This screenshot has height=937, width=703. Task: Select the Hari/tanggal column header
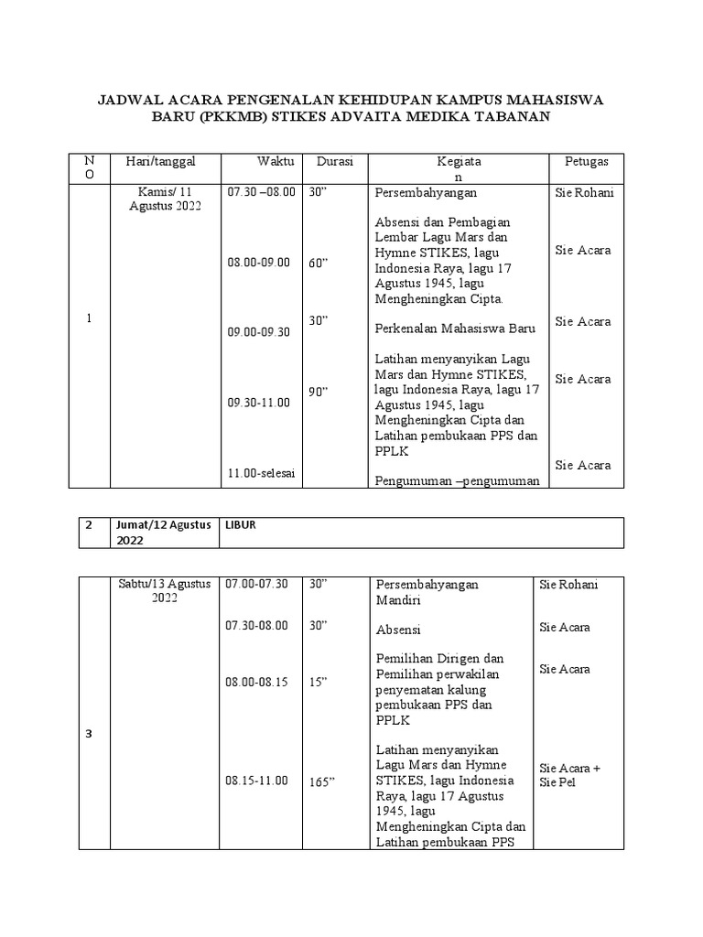tap(160, 162)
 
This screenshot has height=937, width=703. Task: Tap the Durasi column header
tap(334, 162)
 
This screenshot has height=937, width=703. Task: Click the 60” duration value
tap(319, 263)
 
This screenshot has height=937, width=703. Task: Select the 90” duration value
tap(319, 392)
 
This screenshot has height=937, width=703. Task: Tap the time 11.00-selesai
tap(266, 472)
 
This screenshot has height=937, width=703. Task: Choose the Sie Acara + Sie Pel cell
tap(570, 775)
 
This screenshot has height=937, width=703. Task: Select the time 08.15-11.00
tap(257, 781)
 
